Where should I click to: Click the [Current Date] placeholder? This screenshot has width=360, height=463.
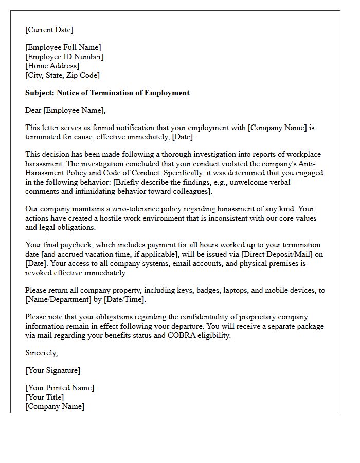[x=49, y=30]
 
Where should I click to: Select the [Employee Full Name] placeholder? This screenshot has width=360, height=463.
[x=63, y=48]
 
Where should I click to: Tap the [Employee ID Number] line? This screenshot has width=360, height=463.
[x=64, y=57]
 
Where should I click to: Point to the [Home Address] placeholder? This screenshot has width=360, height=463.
[x=52, y=66]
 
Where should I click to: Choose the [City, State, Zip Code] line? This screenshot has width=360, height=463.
[x=62, y=76]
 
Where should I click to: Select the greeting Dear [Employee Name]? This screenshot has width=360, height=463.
[x=65, y=111]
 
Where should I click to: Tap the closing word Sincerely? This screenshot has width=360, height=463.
[x=41, y=353]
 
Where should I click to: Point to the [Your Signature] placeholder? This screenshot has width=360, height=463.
[x=52, y=371]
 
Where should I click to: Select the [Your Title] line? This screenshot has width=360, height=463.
[x=45, y=398]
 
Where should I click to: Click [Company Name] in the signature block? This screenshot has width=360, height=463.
[x=55, y=407]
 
